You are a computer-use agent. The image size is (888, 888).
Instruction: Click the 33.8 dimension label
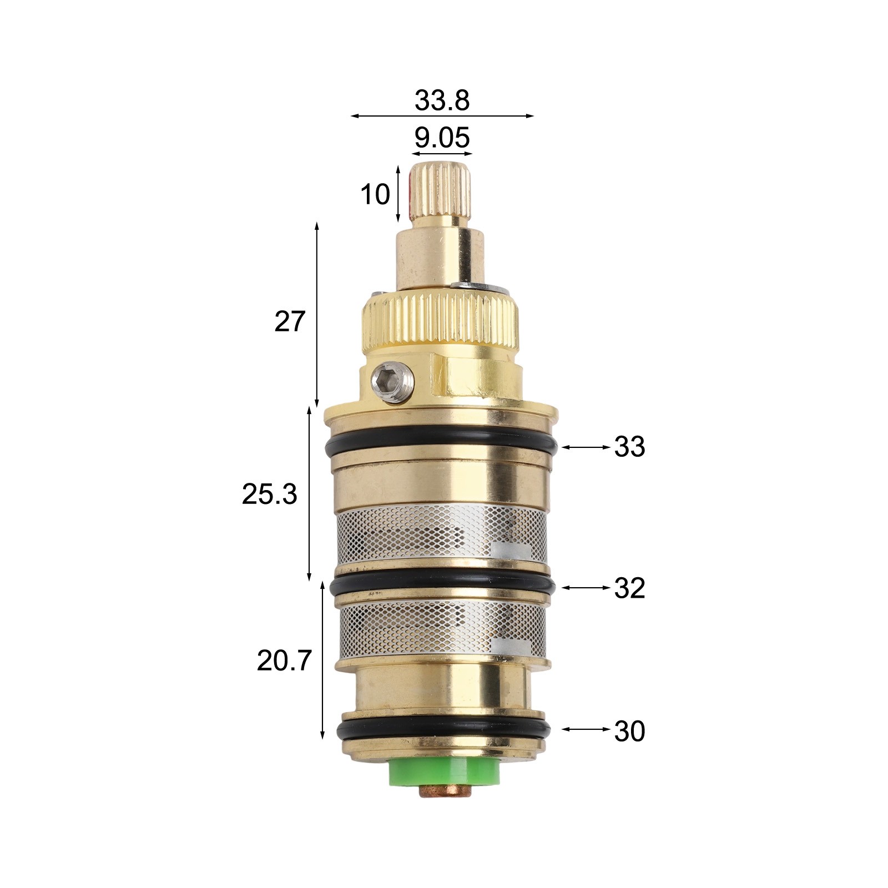click(442, 100)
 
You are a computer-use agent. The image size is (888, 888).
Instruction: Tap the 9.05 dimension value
click(442, 138)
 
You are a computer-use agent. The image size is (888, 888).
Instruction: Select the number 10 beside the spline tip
click(375, 194)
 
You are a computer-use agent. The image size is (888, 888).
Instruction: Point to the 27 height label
click(290, 321)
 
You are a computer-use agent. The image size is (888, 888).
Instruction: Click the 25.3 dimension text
click(269, 494)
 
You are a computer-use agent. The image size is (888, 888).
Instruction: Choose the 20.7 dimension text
click(285, 660)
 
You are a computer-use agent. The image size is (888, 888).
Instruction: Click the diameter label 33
click(629, 446)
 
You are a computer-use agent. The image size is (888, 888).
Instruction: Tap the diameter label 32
click(629, 588)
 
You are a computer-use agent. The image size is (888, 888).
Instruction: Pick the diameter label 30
click(629, 731)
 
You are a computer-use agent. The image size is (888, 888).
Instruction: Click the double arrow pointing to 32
click(586, 587)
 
